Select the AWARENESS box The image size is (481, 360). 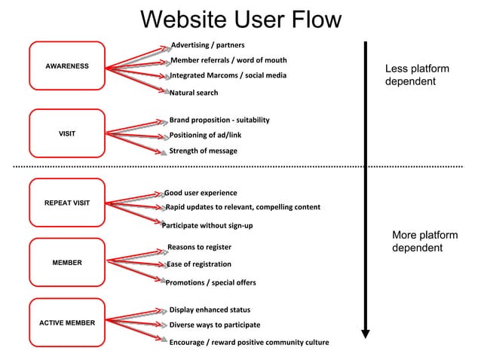point(67,66)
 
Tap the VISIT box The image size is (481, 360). point(67,134)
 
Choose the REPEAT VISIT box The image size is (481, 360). point(67,203)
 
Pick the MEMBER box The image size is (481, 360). point(67,263)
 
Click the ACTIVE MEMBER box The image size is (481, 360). point(67,323)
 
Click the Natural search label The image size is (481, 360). point(193,93)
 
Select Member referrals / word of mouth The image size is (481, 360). point(228,60)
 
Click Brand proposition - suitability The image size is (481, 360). point(219,121)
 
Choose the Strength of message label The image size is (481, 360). point(202,151)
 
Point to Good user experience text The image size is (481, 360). point(201,194)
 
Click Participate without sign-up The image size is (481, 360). point(207,226)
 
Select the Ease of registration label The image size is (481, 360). point(198,264)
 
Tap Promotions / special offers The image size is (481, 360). point(210,283)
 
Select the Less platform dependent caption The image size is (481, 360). point(417,75)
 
